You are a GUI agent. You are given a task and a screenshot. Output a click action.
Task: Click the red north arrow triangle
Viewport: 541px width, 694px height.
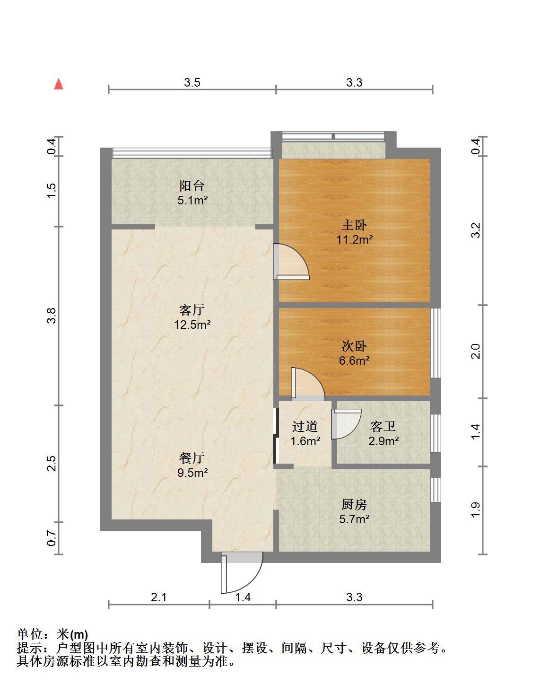(59, 84)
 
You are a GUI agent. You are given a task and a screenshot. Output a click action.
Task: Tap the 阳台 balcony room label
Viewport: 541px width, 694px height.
(192, 185)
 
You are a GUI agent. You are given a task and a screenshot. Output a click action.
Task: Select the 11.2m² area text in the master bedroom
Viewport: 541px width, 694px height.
(355, 239)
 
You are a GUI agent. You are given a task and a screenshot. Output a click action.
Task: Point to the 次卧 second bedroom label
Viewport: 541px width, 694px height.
(354, 346)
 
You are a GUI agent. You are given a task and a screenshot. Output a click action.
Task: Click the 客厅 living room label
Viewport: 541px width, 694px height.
(192, 310)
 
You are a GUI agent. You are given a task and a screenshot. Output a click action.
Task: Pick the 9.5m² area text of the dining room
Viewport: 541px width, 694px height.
(192, 472)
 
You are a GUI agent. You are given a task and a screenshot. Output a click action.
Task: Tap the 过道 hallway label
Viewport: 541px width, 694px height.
(305, 426)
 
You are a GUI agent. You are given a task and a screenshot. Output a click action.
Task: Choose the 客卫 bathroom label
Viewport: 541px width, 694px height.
(383, 426)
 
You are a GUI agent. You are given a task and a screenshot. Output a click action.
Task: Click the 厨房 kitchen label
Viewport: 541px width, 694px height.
(354, 504)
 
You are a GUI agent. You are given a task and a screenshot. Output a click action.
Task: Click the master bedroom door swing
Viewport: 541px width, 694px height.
(291, 262)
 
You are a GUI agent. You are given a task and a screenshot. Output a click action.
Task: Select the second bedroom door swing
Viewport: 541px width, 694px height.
(308, 384)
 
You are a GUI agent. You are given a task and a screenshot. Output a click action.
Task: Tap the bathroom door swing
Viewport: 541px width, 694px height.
(346, 424)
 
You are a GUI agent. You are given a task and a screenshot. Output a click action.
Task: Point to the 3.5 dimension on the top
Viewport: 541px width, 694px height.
(192, 82)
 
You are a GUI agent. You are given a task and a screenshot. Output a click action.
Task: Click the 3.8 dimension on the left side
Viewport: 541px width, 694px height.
(52, 316)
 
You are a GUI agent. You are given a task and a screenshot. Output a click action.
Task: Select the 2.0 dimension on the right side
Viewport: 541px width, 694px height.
(476, 351)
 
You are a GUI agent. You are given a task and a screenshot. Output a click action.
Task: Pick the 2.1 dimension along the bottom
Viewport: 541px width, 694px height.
(158, 597)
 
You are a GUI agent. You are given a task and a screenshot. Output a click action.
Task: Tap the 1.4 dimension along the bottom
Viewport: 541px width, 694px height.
(243, 597)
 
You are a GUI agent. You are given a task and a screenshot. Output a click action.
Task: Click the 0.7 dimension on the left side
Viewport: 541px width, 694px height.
(52, 538)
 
